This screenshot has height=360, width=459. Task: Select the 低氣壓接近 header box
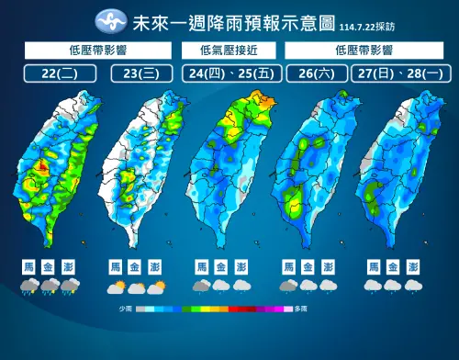pos(229,49)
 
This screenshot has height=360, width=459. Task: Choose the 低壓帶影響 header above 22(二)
pos(99,49)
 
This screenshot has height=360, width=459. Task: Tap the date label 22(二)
pos(57,73)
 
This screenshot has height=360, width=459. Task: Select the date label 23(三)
pos(140,73)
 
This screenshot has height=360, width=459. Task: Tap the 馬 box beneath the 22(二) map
pos(29,266)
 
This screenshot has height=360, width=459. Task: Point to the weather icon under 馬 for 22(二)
pos(29,287)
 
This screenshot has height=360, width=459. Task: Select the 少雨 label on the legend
pos(126,310)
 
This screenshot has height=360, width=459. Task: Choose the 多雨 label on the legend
pos(299,310)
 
